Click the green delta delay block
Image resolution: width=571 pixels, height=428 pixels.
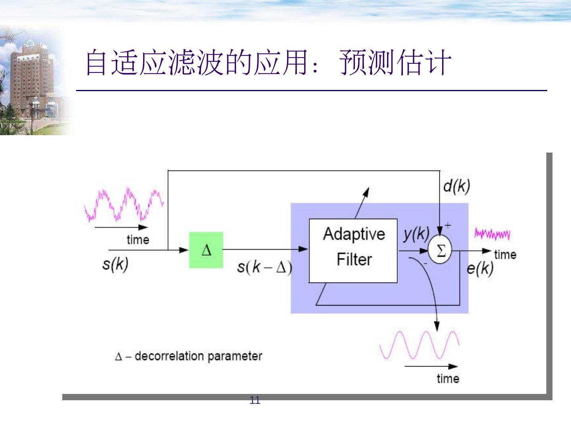point(206,250)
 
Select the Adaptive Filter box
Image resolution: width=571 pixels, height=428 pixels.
point(353,250)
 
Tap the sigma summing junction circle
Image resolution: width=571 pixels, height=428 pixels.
point(440,250)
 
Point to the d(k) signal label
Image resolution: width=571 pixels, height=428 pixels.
point(456,186)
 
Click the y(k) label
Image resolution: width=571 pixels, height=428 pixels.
point(416,234)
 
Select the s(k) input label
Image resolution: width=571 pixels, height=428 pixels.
point(115,264)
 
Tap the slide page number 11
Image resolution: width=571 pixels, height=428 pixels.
point(255,400)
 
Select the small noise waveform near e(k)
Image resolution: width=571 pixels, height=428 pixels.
point(492,234)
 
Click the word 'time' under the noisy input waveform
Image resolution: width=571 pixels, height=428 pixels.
point(138,240)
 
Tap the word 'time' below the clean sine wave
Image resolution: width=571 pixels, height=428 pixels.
point(448,378)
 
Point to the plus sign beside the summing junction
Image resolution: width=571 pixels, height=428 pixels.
point(448,225)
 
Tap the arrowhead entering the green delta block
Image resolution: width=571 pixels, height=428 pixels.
point(184,250)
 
